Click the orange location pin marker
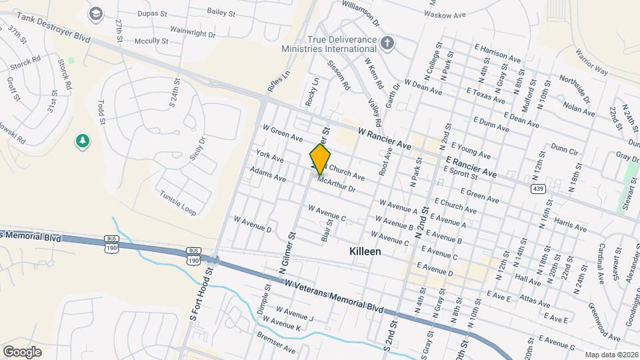point(320,159)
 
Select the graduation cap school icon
point(96,13)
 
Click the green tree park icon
point(83,141)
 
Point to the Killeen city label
point(365,252)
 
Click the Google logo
point(22,351)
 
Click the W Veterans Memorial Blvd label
point(334,296)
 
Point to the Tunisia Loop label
point(178,204)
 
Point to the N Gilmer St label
point(287,254)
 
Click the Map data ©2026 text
point(611,355)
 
